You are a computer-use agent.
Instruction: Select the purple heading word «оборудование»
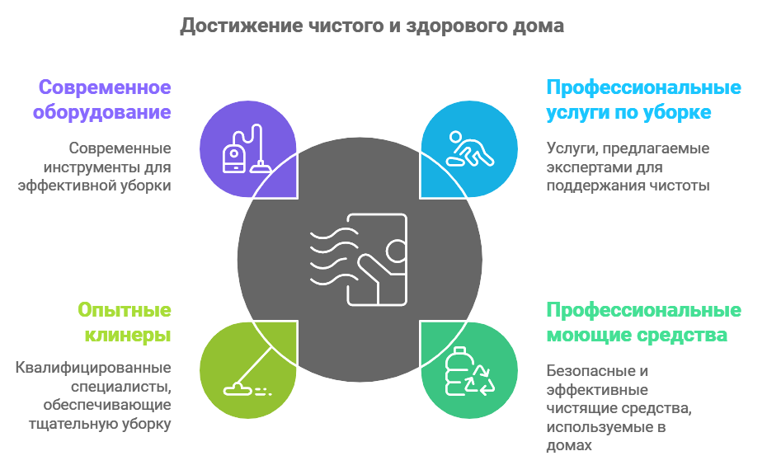[x=106, y=111]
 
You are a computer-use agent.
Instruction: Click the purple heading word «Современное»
[x=105, y=87]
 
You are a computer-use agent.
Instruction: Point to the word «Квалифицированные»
[x=93, y=367]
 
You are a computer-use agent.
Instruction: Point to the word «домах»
[x=569, y=444]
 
